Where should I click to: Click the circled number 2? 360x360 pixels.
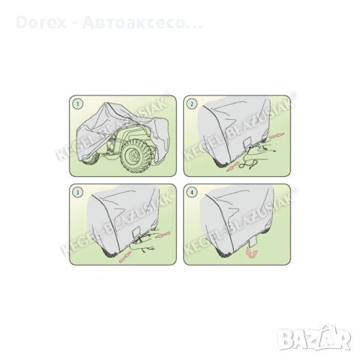(x=192, y=103)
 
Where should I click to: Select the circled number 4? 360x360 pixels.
(x=192, y=193)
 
